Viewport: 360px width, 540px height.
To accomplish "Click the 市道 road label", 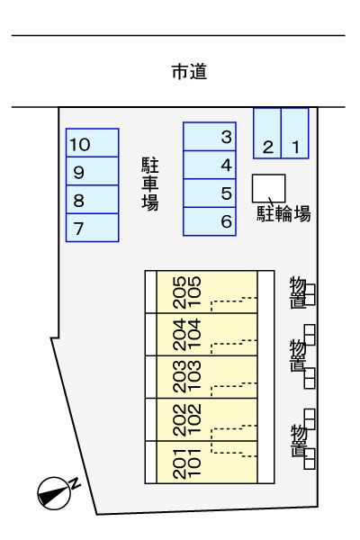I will point(189,73).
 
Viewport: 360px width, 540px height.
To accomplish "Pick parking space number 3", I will point(210,137).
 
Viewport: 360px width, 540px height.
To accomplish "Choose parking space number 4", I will point(210,165).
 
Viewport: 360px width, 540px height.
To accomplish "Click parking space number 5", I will point(210,193).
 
